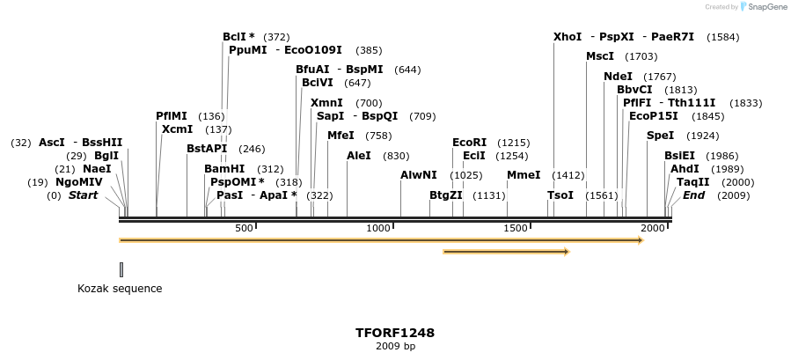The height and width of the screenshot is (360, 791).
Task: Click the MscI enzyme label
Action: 600,56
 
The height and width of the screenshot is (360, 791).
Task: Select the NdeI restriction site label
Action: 618,77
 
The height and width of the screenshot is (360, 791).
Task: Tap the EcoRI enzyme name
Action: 469,143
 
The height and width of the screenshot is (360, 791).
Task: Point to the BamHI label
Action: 224,169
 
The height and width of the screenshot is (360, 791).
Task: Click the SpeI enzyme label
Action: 660,136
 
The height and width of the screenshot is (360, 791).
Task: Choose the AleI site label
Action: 359,156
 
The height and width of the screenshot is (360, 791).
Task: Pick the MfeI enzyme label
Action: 341,136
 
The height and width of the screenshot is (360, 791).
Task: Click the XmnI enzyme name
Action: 326,103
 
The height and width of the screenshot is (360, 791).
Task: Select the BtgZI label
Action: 446,195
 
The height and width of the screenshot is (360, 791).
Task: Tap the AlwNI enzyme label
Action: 419,175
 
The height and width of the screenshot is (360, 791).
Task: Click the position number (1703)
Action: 641,56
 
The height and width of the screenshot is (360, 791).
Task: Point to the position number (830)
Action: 396,156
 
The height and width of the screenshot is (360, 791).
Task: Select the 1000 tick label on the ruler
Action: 378,229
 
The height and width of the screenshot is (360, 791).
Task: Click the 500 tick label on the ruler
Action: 244,229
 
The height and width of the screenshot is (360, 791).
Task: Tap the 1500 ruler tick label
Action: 516,229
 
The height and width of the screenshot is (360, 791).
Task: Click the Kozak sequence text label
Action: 120,289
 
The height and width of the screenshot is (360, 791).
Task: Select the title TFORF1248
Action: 395,334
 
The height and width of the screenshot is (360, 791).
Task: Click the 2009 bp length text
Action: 395,347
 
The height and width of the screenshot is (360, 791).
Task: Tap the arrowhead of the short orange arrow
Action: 566,253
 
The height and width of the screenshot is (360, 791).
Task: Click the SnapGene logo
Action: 763,7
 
